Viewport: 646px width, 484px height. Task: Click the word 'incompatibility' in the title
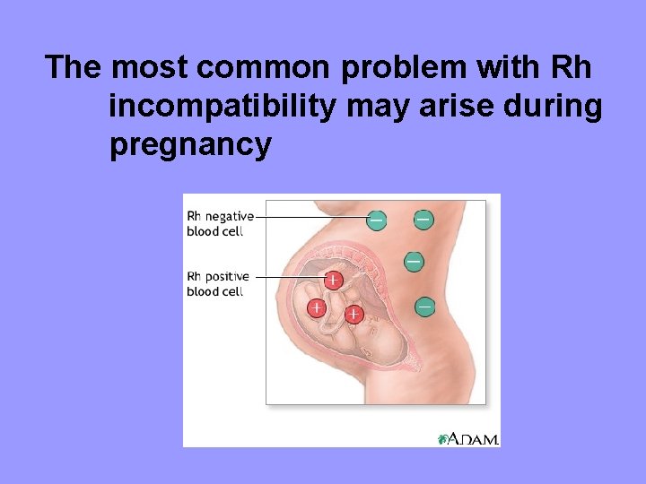pyautogui.click(x=222, y=106)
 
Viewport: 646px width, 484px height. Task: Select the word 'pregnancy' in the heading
pyautogui.click(x=190, y=143)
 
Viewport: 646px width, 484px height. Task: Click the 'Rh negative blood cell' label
pyautogui.click(x=218, y=223)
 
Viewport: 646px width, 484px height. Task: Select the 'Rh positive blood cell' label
pyautogui.click(x=216, y=283)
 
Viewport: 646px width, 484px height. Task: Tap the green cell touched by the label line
pyautogui.click(x=377, y=219)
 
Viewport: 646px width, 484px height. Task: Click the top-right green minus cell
pyautogui.click(x=423, y=218)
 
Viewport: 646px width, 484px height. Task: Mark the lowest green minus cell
pyautogui.click(x=424, y=307)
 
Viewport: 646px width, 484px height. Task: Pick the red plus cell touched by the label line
pyautogui.click(x=332, y=280)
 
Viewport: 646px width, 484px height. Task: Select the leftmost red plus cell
pyautogui.click(x=317, y=308)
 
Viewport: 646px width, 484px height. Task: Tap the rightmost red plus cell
pyautogui.click(x=354, y=314)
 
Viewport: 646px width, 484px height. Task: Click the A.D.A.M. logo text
pyautogui.click(x=473, y=438)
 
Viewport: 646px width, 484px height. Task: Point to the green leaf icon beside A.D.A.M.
pyautogui.click(x=442, y=439)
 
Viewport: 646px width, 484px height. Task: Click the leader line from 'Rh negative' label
pyautogui.click(x=310, y=217)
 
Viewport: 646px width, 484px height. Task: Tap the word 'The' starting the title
pyautogui.click(x=75, y=67)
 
